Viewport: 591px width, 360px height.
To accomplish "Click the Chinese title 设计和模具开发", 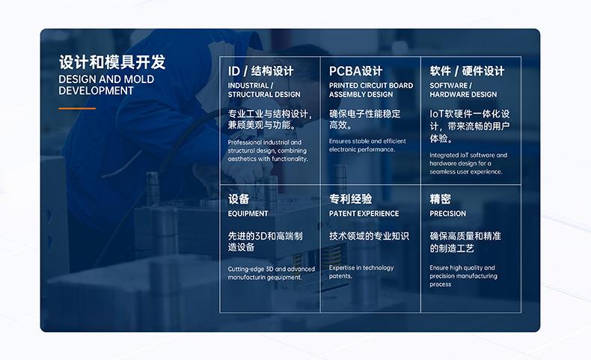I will (112, 61).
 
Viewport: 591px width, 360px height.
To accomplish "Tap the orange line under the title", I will (77, 109).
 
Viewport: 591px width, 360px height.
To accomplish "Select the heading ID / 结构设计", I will (260, 71).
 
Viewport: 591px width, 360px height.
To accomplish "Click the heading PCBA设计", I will (355, 71).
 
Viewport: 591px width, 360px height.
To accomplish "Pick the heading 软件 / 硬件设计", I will (467, 71).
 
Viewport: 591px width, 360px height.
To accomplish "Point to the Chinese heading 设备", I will (239, 199).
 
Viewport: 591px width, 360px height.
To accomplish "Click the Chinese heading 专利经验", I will (350, 199).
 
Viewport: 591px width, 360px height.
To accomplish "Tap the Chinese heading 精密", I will (440, 199).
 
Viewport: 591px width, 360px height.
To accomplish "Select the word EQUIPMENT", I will (248, 214).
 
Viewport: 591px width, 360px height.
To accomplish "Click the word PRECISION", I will (447, 214).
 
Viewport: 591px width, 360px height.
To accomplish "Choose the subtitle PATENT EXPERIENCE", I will (364, 214).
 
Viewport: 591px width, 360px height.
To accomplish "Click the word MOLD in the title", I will (139, 79).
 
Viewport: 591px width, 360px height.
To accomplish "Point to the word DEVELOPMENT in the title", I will (96, 91).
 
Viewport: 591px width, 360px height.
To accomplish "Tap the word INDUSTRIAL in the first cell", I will (248, 85).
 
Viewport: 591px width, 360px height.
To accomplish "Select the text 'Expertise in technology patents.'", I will (361, 272).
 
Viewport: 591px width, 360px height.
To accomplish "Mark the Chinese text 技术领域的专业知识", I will (369, 236).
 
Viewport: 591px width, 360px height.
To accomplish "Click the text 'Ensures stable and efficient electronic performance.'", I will (367, 145).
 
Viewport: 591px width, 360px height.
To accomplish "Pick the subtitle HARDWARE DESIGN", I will (463, 94).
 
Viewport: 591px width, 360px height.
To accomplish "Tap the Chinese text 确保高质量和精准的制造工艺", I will (465, 242).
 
